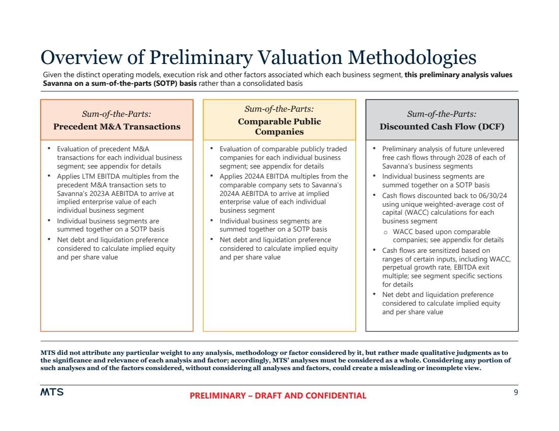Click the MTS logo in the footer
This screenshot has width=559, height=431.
tap(52, 392)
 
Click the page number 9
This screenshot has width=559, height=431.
tap(515, 392)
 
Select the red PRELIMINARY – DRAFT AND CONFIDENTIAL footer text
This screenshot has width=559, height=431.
tap(278, 396)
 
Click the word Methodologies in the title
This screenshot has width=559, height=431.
tap(412, 57)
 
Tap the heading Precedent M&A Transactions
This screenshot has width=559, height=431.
tap(117, 126)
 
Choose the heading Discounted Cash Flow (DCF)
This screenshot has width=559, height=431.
tap(442, 126)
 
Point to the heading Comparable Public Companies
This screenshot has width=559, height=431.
tap(279, 126)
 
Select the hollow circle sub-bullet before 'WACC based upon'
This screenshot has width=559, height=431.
tap(386, 232)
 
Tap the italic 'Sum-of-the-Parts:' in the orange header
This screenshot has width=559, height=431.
tap(116, 114)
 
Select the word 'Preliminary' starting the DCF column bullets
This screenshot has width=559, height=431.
tap(399, 149)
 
